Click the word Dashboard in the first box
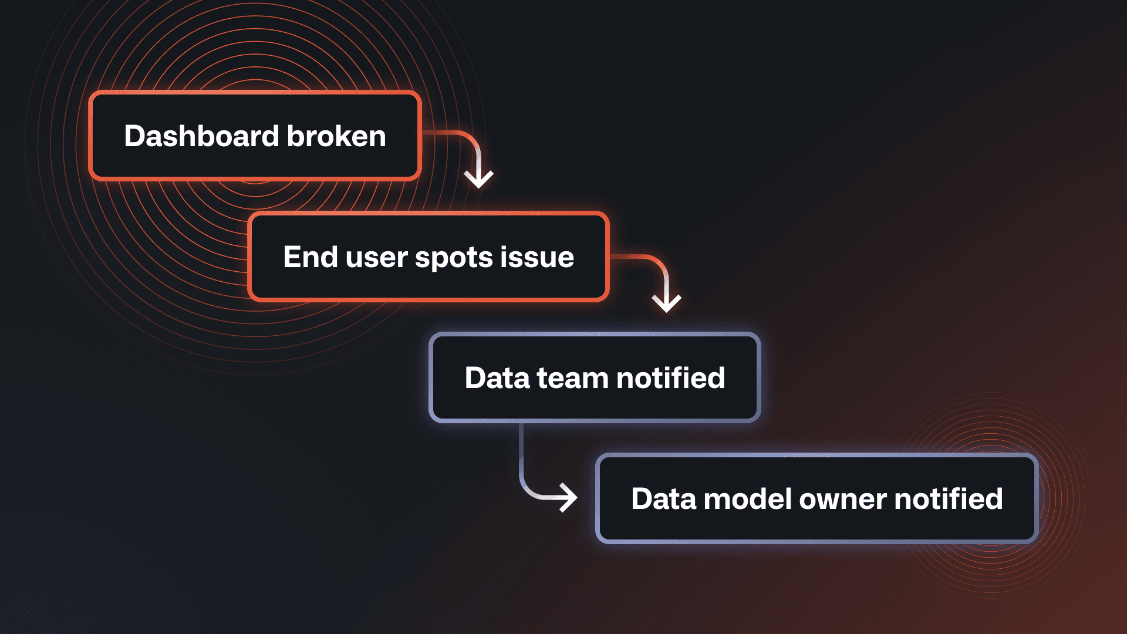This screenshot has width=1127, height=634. pyautogui.click(x=201, y=136)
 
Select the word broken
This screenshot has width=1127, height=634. pyautogui.click(x=336, y=136)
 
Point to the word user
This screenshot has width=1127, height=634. pyautogui.click(x=376, y=258)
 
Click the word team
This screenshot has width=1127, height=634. pyautogui.click(x=572, y=379)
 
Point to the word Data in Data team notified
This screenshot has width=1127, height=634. pyautogui.click(x=497, y=378)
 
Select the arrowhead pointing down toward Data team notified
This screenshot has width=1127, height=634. pyautogui.click(x=666, y=302)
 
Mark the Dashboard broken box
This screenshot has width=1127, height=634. pyautogui.click(x=255, y=136)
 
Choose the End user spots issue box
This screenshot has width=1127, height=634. pyautogui.click(x=428, y=257)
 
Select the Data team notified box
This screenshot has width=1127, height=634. pyautogui.click(x=595, y=377)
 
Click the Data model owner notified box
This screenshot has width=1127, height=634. pyautogui.click(x=817, y=498)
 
